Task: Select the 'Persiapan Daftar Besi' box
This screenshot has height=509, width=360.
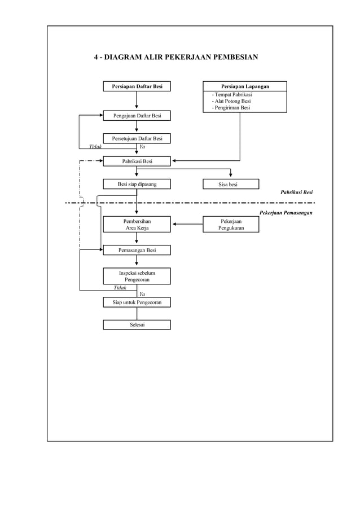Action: [x=137, y=86]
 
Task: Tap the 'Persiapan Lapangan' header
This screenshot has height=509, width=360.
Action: [x=244, y=86]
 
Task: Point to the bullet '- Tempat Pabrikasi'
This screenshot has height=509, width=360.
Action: [x=231, y=94]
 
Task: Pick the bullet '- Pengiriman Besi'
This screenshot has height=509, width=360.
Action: [x=231, y=108]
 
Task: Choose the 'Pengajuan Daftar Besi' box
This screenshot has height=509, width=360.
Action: [x=137, y=116]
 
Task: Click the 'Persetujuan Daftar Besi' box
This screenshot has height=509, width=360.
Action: [x=137, y=139]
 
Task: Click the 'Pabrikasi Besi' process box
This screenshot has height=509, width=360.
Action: [x=137, y=161]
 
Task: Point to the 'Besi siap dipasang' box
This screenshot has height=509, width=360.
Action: [x=137, y=184]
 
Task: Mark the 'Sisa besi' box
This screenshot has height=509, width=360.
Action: [x=231, y=184]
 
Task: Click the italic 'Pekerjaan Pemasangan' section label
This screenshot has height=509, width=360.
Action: [x=286, y=213]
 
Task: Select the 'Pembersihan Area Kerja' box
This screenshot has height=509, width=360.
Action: [x=137, y=225]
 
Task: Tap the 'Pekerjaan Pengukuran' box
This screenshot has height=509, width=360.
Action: [x=231, y=225]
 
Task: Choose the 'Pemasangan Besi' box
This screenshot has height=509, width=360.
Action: [x=137, y=250]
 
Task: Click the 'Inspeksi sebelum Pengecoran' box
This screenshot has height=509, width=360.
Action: [x=137, y=276]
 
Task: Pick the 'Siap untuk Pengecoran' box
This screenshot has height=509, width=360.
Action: [x=137, y=302]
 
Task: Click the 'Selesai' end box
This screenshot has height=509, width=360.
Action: [x=137, y=324]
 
